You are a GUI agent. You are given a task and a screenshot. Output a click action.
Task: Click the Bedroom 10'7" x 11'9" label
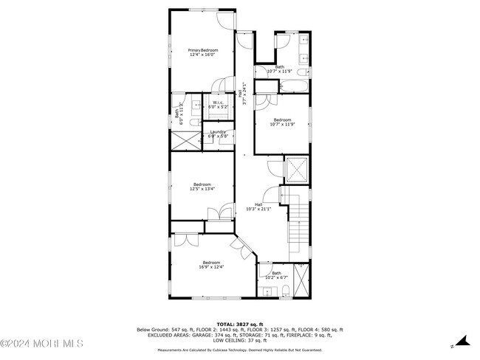(282, 122)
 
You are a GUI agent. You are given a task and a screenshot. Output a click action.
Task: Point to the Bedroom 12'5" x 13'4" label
(202, 187)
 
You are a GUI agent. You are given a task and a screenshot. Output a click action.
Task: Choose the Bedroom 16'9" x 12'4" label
(211, 264)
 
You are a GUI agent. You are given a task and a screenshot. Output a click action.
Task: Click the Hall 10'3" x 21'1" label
(258, 207)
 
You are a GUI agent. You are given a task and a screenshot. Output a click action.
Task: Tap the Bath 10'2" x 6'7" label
(276, 275)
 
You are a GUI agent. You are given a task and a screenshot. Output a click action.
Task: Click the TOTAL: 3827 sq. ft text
(239, 324)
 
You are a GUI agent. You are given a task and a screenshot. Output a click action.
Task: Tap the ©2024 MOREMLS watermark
(42, 343)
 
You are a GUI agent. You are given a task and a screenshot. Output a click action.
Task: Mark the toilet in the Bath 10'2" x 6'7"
(285, 291)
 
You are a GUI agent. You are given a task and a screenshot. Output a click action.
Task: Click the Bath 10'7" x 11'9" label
(280, 69)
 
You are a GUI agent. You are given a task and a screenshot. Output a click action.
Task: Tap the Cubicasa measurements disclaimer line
(239, 350)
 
